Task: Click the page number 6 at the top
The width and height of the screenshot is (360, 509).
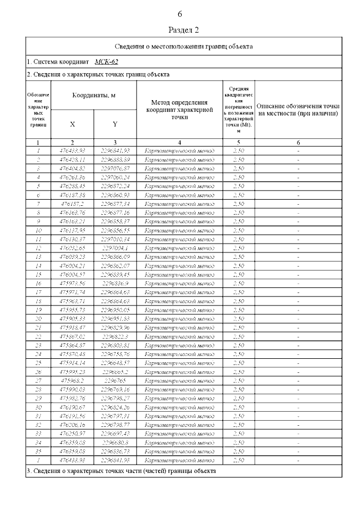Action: pyautogui.click(x=180, y=14)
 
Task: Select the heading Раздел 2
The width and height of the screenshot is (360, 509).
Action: pyautogui.click(x=184, y=29)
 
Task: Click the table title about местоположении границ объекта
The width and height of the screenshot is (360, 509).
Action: pyautogui.click(x=183, y=47)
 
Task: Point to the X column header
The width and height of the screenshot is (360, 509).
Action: pyautogui.click(x=73, y=124)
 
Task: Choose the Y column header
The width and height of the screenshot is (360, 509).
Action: pyautogui.click(x=115, y=124)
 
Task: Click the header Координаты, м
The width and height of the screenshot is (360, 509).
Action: pyautogui.click(x=93, y=96)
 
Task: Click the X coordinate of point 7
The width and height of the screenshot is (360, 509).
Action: pyautogui.click(x=72, y=203)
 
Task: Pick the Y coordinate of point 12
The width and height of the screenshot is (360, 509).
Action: pyautogui.click(x=115, y=247)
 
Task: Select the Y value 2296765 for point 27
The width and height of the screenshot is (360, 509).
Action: pyautogui.click(x=115, y=381)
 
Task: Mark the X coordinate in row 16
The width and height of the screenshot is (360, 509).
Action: pyautogui.click(x=72, y=283)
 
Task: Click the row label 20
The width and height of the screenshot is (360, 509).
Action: pyautogui.click(x=38, y=318)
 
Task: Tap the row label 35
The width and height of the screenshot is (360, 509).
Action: pyautogui.click(x=38, y=452)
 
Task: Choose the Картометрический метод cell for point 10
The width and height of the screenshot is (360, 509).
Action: pyautogui.click(x=179, y=230)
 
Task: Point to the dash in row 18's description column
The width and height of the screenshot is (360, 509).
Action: pyautogui.click(x=298, y=301)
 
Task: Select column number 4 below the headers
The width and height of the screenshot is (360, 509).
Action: pyautogui.click(x=179, y=143)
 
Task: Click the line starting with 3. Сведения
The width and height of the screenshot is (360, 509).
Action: pyautogui.click(x=121, y=470)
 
